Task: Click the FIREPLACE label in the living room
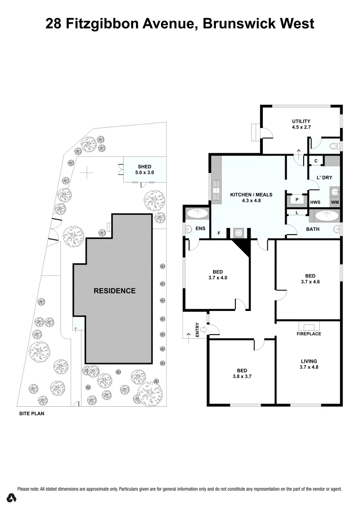pos(309,334)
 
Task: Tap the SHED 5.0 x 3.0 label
pos(144,170)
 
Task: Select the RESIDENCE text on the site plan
pos(114,291)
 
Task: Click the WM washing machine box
pos(335,202)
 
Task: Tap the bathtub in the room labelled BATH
pos(324,216)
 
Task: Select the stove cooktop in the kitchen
pos(238,233)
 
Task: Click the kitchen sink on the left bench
pos(216,190)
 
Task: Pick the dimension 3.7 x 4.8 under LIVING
pos(308,367)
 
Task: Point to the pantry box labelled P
pos(297,200)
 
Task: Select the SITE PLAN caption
pos(31,413)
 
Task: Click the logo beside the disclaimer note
pos(12,498)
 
